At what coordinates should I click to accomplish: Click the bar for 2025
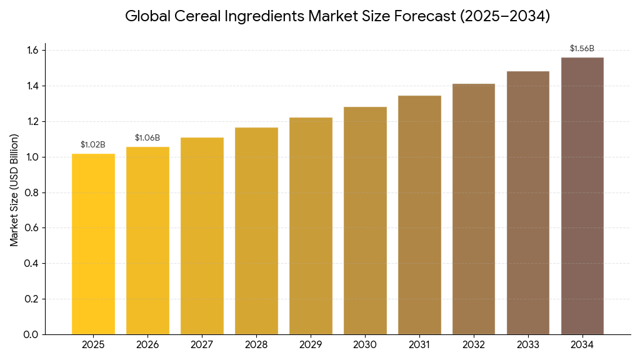[x=93, y=244]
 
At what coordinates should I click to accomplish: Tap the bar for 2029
[x=311, y=226]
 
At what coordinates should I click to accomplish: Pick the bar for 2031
[x=419, y=215]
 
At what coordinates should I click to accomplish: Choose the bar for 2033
[x=528, y=202]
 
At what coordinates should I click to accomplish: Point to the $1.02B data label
[x=93, y=145]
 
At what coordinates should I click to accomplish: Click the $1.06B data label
[x=147, y=138]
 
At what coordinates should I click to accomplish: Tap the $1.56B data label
[x=582, y=49]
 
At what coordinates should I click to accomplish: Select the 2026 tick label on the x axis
[x=147, y=345]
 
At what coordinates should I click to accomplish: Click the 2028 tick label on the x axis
[x=256, y=345]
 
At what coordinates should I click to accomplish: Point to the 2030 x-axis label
[x=365, y=345]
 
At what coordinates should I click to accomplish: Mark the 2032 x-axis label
[x=474, y=345]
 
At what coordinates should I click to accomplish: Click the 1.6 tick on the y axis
[x=32, y=50]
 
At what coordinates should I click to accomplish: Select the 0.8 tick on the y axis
[x=32, y=192]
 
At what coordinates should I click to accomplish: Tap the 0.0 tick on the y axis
[x=32, y=334]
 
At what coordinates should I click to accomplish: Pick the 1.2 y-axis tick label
[x=32, y=121]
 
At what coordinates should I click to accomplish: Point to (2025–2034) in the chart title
[x=505, y=16]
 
